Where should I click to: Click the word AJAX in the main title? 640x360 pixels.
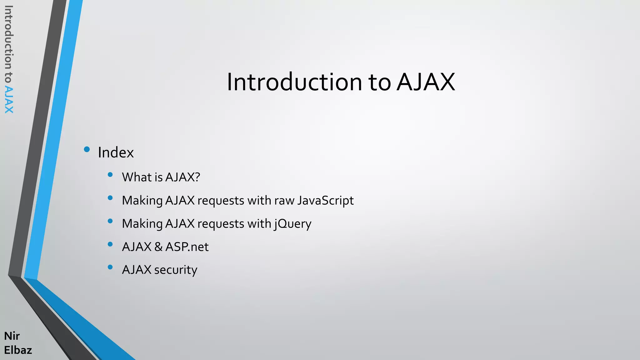click(x=426, y=82)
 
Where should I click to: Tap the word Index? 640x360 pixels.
click(x=116, y=153)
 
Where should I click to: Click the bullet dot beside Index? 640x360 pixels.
click(x=87, y=149)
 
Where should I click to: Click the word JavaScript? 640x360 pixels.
click(x=325, y=201)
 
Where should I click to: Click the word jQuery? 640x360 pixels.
click(x=293, y=224)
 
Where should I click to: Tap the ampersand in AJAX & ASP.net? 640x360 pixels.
click(x=158, y=247)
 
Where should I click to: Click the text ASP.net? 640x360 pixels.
click(x=187, y=247)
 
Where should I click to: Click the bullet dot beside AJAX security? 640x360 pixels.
click(x=110, y=267)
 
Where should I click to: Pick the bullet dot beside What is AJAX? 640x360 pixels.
click(x=110, y=175)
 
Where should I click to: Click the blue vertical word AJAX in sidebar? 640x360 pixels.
click(x=9, y=100)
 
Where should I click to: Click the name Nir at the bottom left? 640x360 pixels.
click(x=12, y=336)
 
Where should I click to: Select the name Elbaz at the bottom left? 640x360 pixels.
click(x=18, y=350)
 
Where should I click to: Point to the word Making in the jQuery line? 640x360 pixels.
click(x=142, y=224)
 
